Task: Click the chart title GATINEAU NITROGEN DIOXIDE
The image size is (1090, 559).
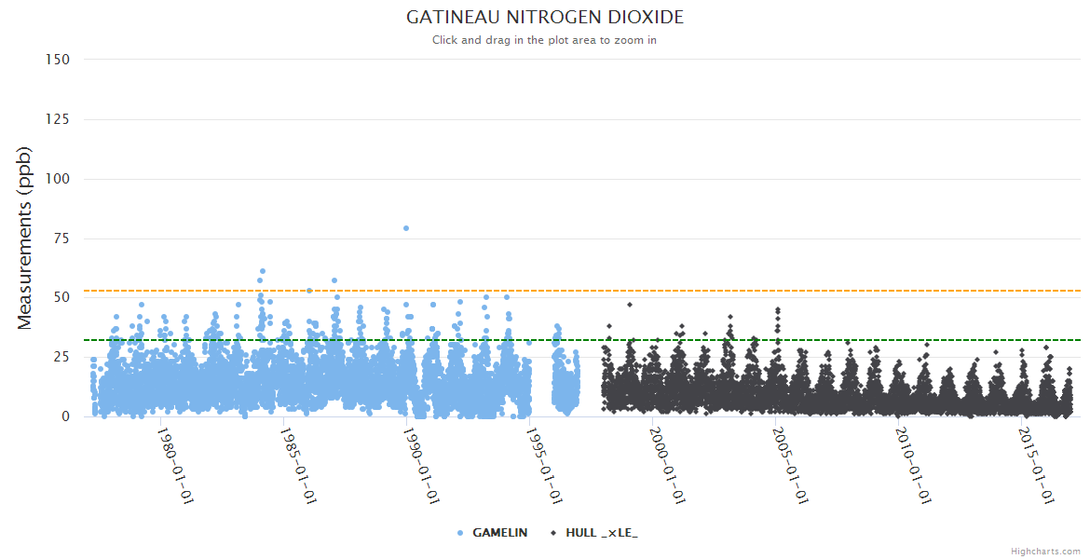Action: tap(545, 18)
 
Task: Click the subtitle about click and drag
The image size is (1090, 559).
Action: tap(545, 40)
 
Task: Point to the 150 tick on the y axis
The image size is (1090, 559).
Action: tap(58, 60)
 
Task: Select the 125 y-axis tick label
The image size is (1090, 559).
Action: tap(58, 119)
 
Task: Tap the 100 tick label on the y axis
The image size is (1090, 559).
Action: tap(58, 179)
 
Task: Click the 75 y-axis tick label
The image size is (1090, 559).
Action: tap(61, 239)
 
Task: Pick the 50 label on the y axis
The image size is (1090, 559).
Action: tap(61, 298)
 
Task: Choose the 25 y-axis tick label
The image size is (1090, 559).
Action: tap(61, 358)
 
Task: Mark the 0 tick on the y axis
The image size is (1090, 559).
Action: tap(65, 416)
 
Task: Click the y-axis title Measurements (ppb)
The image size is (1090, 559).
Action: tap(25, 238)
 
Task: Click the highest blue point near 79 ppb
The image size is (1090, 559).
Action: tap(406, 228)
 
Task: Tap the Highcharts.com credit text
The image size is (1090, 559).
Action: tap(1045, 552)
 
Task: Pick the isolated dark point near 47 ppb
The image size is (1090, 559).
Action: tap(630, 305)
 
